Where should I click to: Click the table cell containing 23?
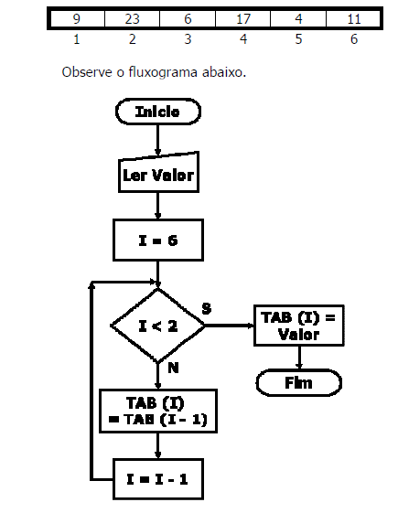tap(132, 18)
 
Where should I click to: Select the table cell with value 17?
tap(242, 18)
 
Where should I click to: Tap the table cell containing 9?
tap(77, 18)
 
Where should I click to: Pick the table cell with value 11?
tap(353, 18)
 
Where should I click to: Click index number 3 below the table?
tap(188, 39)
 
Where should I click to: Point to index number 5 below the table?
tap(298, 39)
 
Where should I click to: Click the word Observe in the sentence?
tap(87, 72)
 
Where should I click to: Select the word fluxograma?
tap(163, 72)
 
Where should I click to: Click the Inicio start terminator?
tap(158, 112)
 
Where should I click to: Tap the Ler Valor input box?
tap(158, 172)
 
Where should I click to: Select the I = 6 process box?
tap(158, 240)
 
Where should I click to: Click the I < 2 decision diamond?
tap(158, 326)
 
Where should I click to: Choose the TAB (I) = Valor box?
tap(299, 326)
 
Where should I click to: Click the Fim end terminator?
tap(299, 382)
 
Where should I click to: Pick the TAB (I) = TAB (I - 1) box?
tap(158, 411)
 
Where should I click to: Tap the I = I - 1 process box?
tap(158, 479)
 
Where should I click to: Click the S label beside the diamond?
tap(207, 308)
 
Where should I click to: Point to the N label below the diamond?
tap(173, 369)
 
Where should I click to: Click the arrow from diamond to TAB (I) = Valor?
tap(230, 326)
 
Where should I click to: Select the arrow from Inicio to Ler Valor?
tap(157, 140)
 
